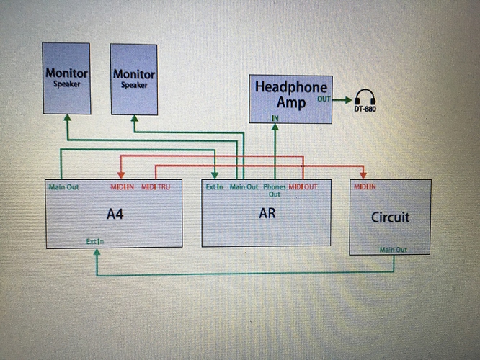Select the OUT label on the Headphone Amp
[x=324, y=99]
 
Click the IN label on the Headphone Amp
[x=275, y=117]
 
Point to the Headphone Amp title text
[x=290, y=94]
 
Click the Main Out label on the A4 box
[x=63, y=187]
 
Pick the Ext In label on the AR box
[x=214, y=187]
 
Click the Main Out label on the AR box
[x=244, y=187]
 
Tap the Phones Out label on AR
[x=275, y=190]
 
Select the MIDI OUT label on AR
[x=303, y=187]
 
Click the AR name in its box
[x=267, y=213]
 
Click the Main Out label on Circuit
[x=394, y=249]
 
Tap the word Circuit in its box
[x=390, y=216]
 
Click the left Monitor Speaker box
[x=66, y=78]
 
